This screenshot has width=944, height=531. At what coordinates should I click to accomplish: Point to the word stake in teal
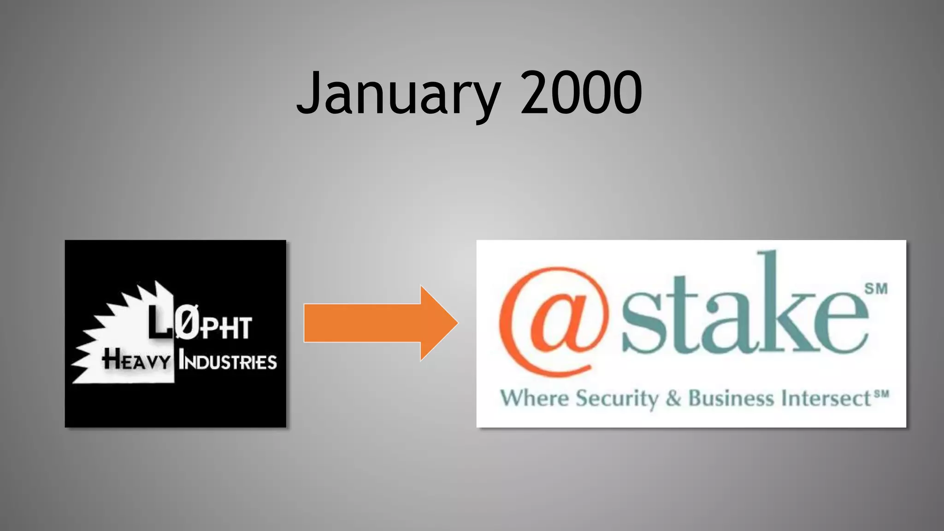(x=744, y=313)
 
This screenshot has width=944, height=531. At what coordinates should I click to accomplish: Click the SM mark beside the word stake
(x=876, y=289)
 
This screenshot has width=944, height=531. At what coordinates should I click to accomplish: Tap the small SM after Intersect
(x=881, y=394)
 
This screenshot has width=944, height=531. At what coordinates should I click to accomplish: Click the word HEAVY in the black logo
(x=136, y=360)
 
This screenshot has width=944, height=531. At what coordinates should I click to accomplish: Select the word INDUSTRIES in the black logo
(x=228, y=361)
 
